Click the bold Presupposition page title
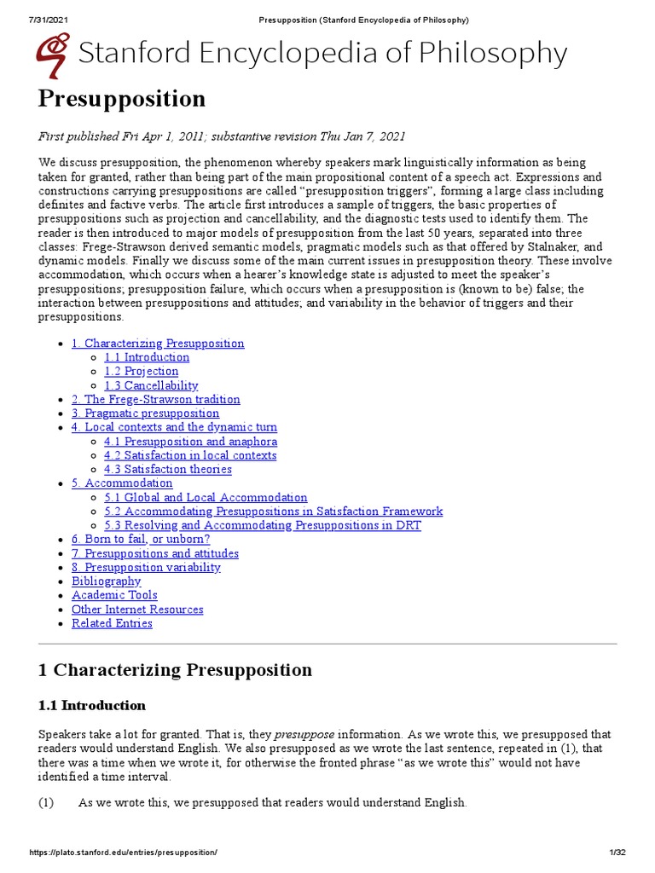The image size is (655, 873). [122, 99]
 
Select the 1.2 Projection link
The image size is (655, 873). [142, 372]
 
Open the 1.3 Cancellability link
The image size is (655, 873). [151, 385]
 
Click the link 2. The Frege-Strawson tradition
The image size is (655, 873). [155, 399]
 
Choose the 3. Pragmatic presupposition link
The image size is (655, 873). [145, 413]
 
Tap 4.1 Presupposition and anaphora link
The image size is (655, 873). [190, 442]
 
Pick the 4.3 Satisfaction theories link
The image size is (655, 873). [168, 470]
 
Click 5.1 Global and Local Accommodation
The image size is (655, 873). [206, 498]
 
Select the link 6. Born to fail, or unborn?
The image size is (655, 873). [141, 540]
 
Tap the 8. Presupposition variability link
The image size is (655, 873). [146, 568]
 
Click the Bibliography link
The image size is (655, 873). [106, 581]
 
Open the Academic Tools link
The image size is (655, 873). [114, 595]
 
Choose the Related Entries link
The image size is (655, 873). [112, 623]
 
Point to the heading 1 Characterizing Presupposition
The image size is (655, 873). [175, 670]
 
